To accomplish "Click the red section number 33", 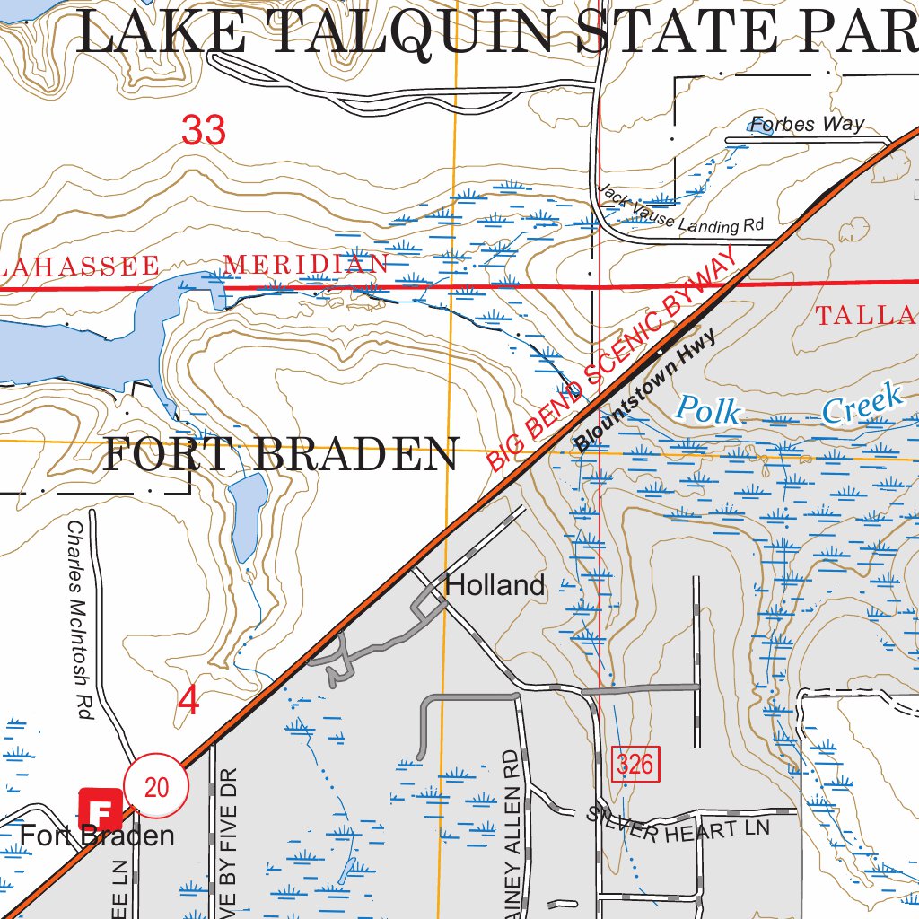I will click(x=204, y=131).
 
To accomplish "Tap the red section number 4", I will click(x=188, y=701).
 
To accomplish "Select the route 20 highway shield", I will click(x=156, y=787).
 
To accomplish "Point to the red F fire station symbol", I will click(x=100, y=809).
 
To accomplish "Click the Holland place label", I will click(x=495, y=586).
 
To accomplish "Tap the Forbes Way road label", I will click(x=808, y=124).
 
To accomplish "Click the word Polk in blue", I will click(x=709, y=410).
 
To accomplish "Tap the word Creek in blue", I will click(x=862, y=403).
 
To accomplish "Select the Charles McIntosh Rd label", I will click(x=80, y=619).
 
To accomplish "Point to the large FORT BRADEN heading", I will click(x=281, y=455).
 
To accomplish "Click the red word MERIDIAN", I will click(x=306, y=264).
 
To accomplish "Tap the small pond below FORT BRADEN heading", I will click(x=249, y=517).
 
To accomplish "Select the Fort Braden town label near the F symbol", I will click(x=97, y=836).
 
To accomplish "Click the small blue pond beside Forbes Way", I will click(x=761, y=128).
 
